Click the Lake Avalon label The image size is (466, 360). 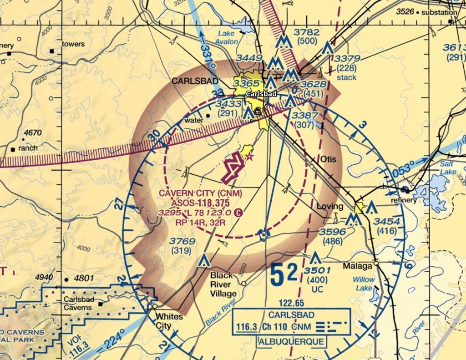pos(228,37)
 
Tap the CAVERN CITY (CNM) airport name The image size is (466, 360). pos(200,193)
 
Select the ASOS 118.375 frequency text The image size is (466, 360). pos(201,203)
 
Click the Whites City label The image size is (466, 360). pos(169,321)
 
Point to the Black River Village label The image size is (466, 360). pos(223,284)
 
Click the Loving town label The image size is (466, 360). pos(330,206)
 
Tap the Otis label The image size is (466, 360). pos(328,160)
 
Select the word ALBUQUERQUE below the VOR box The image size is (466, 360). pos(291,342)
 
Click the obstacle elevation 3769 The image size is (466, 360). pos(182,241)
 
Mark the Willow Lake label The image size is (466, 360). pos(364,284)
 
